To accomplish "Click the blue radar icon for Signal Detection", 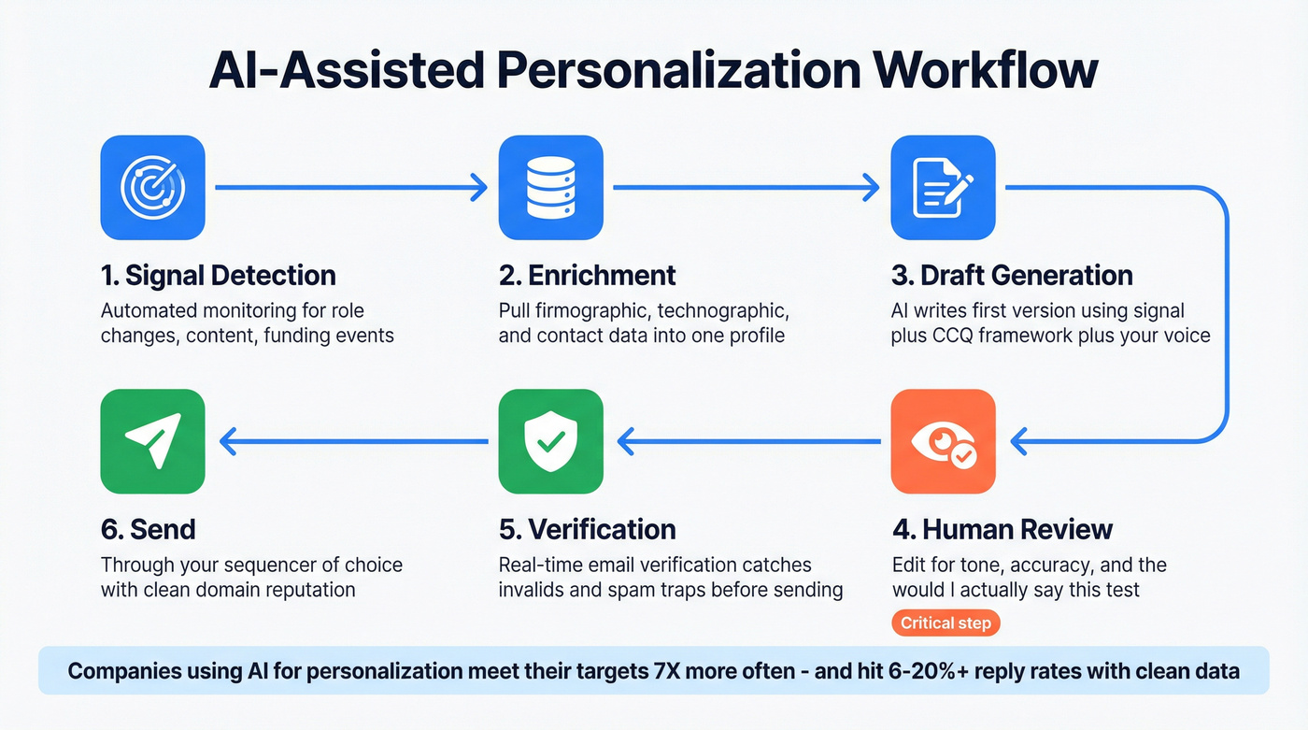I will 152,188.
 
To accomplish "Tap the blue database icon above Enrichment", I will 550,188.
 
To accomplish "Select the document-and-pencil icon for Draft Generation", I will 943,188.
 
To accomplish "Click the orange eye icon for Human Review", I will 943,442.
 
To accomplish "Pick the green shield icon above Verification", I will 550,442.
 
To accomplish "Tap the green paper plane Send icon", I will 152,442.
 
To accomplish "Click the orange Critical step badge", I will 945,623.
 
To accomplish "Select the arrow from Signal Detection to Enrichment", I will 351,188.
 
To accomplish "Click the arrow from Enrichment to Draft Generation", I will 746,188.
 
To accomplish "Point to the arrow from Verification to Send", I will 353,440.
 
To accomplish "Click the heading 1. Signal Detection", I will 218,276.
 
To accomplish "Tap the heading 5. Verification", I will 587,529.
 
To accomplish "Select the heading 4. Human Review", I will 1002,530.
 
